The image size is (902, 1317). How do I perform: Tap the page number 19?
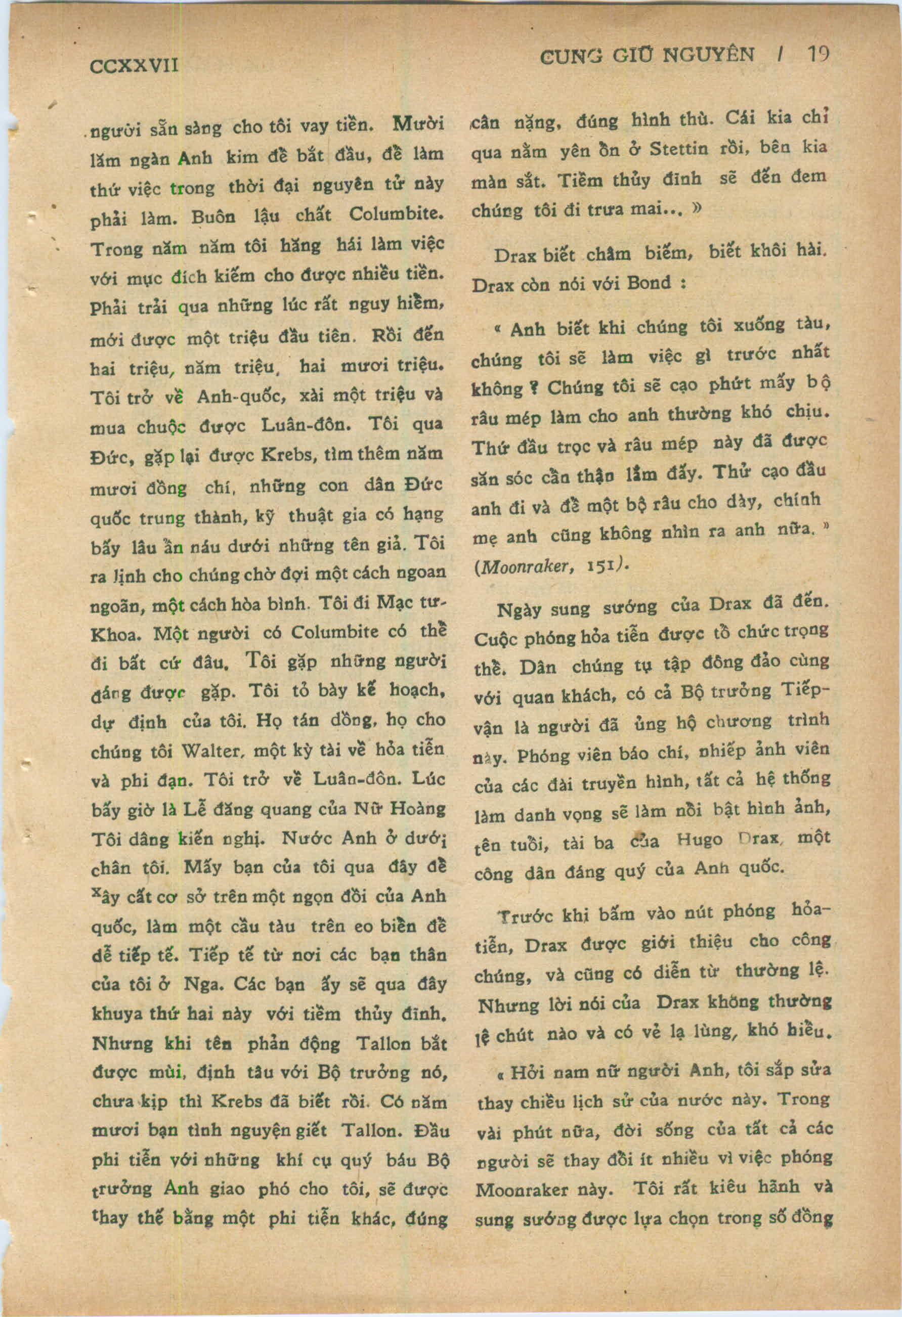818,55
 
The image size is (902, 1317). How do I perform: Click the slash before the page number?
782,55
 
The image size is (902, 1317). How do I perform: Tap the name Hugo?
700,841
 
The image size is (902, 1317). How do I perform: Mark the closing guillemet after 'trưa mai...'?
696,208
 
